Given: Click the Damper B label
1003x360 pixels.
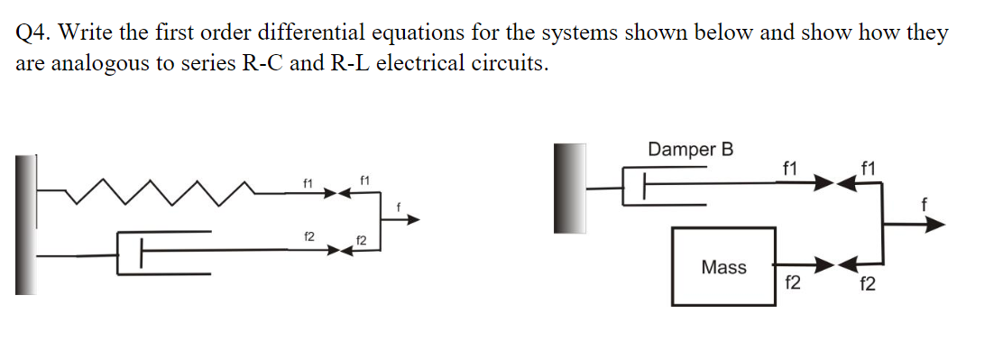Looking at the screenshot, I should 690,149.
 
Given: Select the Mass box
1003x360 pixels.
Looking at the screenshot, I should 723,266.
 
